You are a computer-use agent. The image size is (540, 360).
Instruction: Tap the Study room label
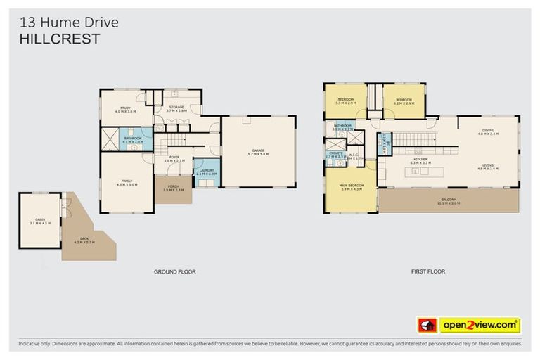point(125,109)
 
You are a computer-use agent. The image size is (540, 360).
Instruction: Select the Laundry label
point(206,170)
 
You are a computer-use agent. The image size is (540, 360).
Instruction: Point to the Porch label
point(173,188)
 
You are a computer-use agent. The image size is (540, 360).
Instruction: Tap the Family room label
point(127,181)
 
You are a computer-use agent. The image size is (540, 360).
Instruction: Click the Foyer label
point(174,157)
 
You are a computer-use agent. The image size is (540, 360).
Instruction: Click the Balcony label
point(449,200)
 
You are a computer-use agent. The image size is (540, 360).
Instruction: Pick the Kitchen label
point(420,160)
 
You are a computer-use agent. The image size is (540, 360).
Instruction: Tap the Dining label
point(488,131)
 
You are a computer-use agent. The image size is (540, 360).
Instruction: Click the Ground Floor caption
point(174,271)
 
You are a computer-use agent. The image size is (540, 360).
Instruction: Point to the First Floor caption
point(427,271)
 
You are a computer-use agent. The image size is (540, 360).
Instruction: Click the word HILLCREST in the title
point(59,40)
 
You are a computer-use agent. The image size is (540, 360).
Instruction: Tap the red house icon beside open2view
point(427,325)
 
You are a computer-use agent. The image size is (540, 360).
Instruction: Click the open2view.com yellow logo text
point(480,325)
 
